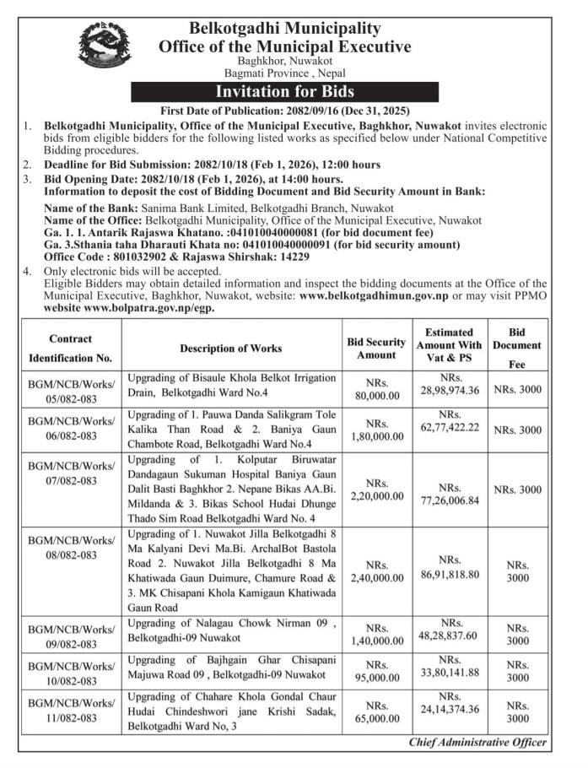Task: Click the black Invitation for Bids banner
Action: (285, 91)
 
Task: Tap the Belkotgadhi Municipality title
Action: (285, 29)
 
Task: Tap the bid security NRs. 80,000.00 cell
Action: (376, 391)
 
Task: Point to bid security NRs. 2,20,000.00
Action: (376, 490)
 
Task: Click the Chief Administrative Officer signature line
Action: (477, 743)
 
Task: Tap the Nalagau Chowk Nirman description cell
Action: (231, 631)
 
